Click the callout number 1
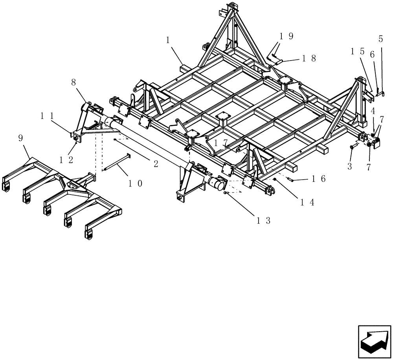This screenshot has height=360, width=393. pyautogui.click(x=168, y=40)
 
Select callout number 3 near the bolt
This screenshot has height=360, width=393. pyautogui.click(x=349, y=166)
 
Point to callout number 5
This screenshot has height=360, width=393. pyautogui.click(x=380, y=39)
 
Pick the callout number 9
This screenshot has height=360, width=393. pyautogui.click(x=20, y=138)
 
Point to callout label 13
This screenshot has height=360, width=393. pyautogui.click(x=264, y=220)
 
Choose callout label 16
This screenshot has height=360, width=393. pyautogui.click(x=318, y=179)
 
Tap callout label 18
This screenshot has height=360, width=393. pyautogui.click(x=309, y=58)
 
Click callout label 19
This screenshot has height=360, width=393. pyautogui.click(x=286, y=37)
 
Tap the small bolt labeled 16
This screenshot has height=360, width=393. pyautogui.click(x=291, y=179)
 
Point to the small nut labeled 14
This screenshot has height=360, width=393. pyautogui.click(x=275, y=179)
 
